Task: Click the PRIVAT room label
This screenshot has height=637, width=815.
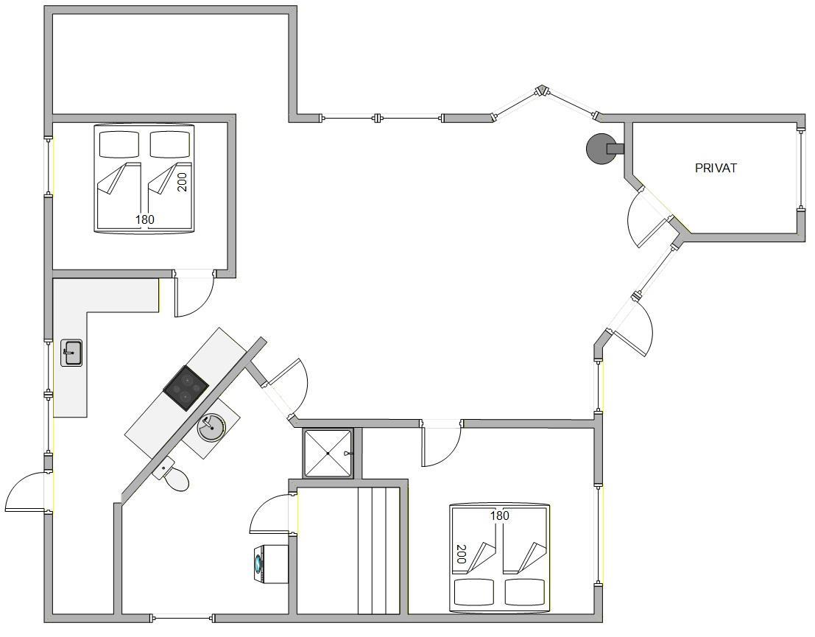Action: (716, 168)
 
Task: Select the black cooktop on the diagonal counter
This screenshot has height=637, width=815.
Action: (186, 388)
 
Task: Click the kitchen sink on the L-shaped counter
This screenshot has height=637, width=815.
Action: (71, 353)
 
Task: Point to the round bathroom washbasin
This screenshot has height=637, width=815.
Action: (211, 427)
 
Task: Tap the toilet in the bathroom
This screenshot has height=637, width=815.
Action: (172, 474)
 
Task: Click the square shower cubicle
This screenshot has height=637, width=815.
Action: (328, 453)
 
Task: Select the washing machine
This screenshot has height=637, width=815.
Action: (269, 563)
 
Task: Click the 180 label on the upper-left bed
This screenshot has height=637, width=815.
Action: (145, 219)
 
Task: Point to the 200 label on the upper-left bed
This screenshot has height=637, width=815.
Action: (182, 182)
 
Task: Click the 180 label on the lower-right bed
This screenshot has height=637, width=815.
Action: (499, 515)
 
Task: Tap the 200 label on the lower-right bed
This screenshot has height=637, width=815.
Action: (461, 554)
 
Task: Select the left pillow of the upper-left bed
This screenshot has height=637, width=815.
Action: (119, 144)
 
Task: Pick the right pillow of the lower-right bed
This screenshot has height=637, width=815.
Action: (525, 592)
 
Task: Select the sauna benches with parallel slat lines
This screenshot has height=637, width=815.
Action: (379, 551)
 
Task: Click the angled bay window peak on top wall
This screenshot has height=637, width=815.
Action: (542, 91)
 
